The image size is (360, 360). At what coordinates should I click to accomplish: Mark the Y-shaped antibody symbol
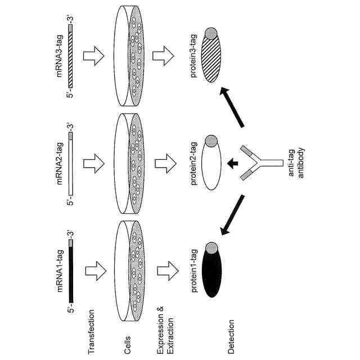pos(258,163)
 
